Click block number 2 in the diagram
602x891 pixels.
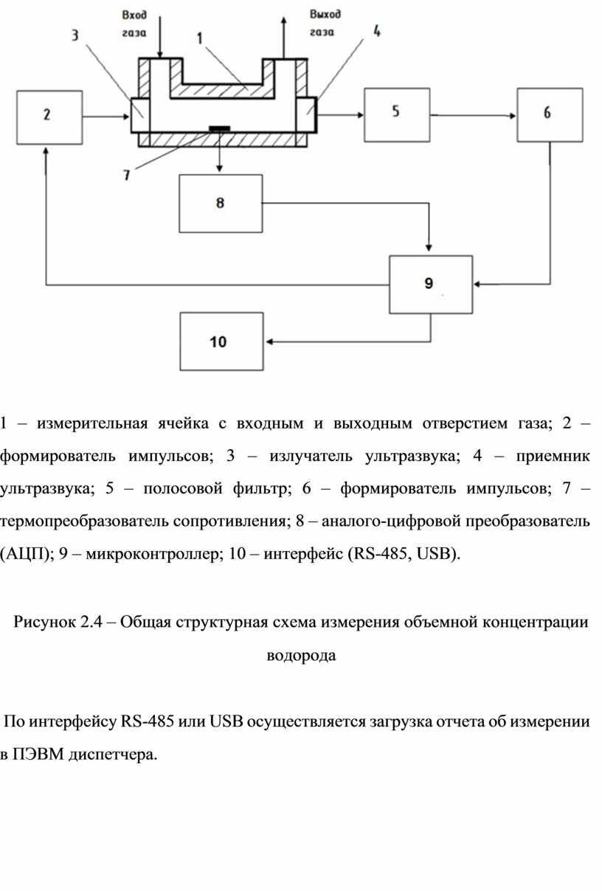49,117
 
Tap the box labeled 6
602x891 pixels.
548,114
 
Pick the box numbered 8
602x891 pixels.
221,204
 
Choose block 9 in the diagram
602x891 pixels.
431,284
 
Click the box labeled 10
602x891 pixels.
221,342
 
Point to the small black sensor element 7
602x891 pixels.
219,128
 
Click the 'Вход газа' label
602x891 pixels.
135,23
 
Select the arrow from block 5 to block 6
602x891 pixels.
472,115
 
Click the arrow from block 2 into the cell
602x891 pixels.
107,117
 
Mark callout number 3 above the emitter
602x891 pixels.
77,35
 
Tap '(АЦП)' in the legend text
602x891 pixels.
25,554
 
